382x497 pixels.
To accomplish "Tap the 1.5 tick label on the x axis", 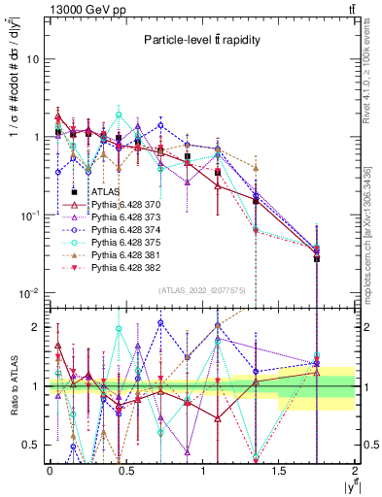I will pos(279,470).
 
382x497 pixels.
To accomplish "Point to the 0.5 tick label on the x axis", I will pos(125,470).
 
